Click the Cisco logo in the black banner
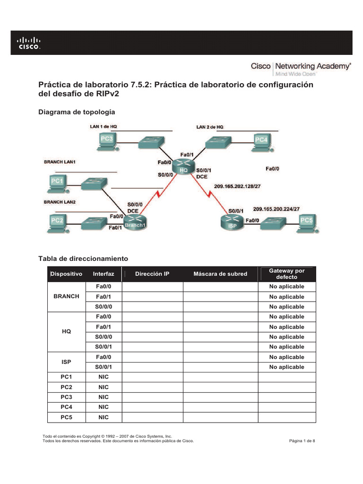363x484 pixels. click(29, 43)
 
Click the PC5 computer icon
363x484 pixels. click(307, 223)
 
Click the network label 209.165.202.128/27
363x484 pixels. click(237, 186)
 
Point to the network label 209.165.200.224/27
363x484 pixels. click(277, 208)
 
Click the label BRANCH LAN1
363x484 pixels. click(60, 162)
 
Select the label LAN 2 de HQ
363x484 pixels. click(210, 127)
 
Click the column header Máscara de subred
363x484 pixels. click(220, 274)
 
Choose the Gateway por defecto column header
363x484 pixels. click(286, 274)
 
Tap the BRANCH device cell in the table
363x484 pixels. click(67, 296)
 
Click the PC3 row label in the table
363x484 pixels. click(67, 397)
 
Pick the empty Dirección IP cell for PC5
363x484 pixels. click(153, 417)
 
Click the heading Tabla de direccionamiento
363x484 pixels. click(83, 259)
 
